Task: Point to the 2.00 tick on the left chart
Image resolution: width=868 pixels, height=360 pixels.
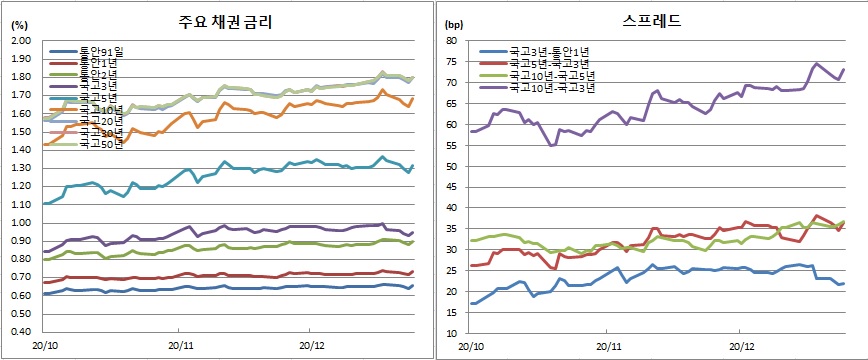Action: click(21, 41)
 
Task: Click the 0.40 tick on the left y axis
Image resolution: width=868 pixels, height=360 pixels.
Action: click(21, 332)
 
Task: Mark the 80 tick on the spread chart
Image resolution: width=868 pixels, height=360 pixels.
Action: click(451, 41)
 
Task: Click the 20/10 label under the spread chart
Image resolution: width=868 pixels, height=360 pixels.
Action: click(472, 347)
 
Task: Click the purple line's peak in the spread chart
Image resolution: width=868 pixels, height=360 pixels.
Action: click(817, 64)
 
